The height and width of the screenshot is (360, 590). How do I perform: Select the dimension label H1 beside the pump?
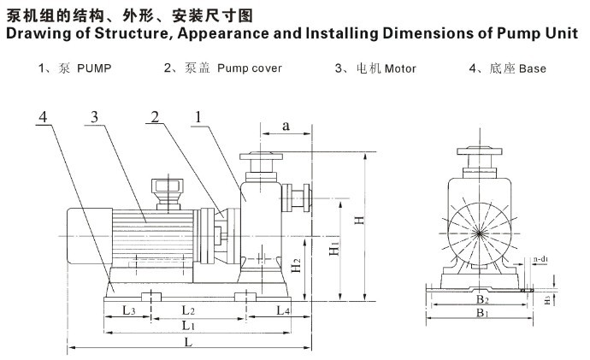click(336, 249)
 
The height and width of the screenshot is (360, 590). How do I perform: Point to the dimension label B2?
click(482, 299)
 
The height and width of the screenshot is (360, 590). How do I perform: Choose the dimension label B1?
click(482, 314)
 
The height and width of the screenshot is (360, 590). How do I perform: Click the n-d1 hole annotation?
click(540, 257)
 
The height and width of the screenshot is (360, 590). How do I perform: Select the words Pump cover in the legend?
click(250, 68)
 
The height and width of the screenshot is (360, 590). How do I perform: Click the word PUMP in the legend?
click(94, 68)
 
